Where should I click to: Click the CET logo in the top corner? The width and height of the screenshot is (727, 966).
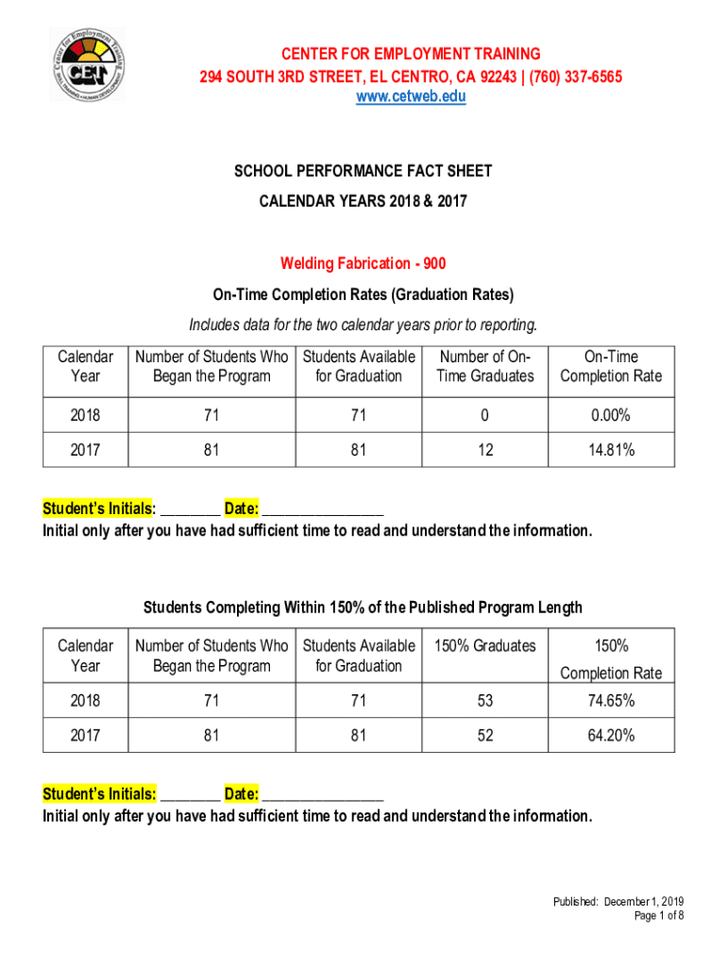[87, 63]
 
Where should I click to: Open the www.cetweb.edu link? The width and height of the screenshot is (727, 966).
[410, 96]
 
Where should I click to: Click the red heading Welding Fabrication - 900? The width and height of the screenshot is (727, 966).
[363, 264]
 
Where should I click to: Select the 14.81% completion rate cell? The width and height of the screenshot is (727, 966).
[611, 451]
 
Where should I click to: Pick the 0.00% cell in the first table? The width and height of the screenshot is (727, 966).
[611, 415]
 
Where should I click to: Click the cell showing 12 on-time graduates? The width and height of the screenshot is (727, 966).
[485, 451]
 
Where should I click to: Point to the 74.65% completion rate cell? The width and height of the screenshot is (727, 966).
[611, 701]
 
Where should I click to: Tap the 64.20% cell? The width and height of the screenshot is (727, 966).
[611, 735]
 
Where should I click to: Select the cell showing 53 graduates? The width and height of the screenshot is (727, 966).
[485, 701]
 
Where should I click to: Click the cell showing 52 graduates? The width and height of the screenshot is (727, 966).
[485, 735]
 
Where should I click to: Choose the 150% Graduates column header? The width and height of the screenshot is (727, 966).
[485, 646]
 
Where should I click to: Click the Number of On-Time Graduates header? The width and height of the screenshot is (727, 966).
[485, 366]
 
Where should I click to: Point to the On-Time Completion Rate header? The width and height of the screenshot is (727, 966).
[611, 366]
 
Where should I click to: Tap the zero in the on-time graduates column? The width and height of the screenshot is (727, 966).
[485, 415]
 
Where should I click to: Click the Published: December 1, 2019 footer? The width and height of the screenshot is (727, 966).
[618, 902]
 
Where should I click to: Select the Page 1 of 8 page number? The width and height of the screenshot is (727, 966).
[659, 916]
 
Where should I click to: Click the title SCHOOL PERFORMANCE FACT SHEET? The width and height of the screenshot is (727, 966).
[363, 172]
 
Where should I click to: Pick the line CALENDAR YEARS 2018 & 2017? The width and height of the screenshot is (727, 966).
[363, 201]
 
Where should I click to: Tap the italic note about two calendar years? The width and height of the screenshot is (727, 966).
[363, 325]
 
